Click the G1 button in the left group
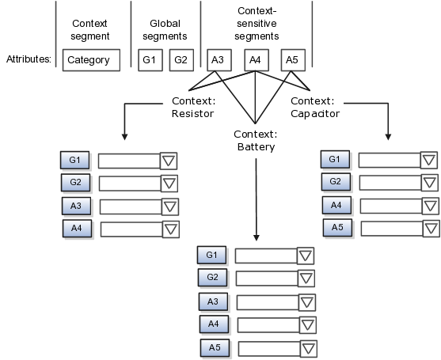[75, 161]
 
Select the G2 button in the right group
[335, 182]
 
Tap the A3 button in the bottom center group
[213, 302]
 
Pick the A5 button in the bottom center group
[215, 348]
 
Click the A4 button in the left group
[77, 229]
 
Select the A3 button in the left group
[76, 207]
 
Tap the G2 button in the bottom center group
[212, 278]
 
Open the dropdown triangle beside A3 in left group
[169, 207]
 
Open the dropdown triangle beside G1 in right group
[428, 161]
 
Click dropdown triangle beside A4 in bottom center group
[307, 325]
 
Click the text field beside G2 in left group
[129, 184]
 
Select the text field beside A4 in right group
[389, 206]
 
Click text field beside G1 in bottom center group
[266, 256]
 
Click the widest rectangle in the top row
[91, 60]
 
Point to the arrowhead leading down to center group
[256, 237]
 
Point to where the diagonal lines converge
[255, 123]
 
